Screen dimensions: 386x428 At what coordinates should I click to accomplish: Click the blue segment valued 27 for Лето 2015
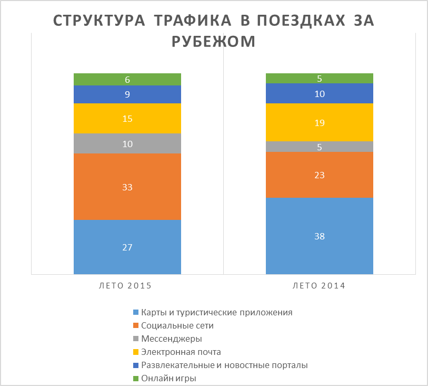coord(127,247)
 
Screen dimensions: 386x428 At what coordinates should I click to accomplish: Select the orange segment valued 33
coord(127,187)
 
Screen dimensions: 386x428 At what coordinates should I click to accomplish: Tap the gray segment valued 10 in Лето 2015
coord(127,143)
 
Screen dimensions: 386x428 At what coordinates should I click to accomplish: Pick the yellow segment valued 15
coord(127,119)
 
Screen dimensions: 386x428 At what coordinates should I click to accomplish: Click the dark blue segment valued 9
coord(127,94)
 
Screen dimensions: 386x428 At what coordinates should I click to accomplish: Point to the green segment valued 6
coord(127,80)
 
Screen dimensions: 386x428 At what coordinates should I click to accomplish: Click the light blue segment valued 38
coord(320,236)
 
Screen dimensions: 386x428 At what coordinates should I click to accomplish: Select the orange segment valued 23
coord(320,175)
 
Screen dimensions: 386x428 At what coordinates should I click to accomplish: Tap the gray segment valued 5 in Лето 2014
coord(320,147)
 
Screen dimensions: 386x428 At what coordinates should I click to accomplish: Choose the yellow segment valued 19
coord(320,122)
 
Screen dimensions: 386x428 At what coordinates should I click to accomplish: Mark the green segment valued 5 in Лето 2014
coord(320,79)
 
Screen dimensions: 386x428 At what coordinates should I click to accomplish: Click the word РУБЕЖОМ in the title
coord(214,42)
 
